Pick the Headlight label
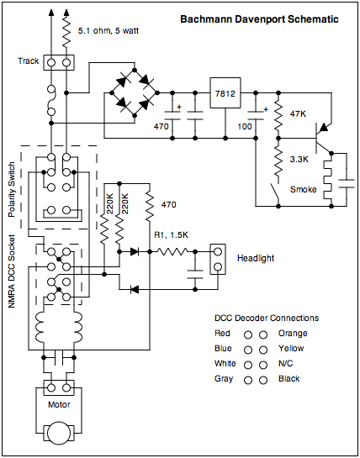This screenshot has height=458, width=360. [x=255, y=258]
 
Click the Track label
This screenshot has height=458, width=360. [x=29, y=61]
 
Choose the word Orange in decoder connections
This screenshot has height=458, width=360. [x=291, y=333]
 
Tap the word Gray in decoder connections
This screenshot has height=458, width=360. [x=223, y=379]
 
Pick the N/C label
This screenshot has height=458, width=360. [x=285, y=364]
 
